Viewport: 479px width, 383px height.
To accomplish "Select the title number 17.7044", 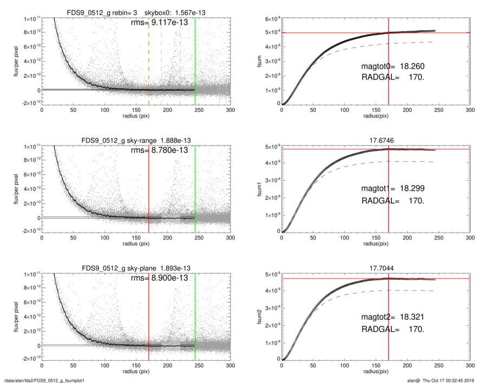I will pyautogui.click(x=389, y=268).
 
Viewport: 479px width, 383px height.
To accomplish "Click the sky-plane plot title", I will pyautogui.click(x=136, y=268).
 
